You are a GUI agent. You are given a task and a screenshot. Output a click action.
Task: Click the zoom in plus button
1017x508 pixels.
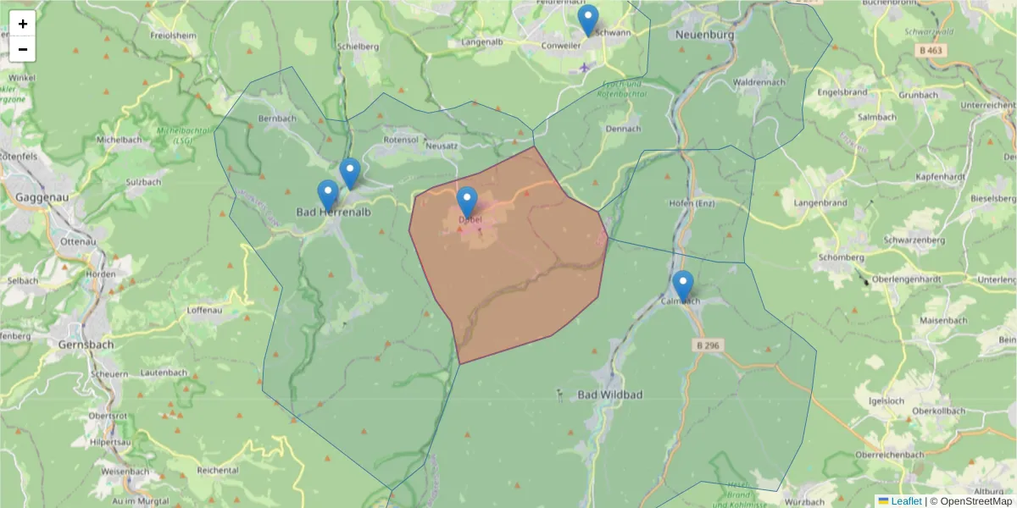tap(22, 24)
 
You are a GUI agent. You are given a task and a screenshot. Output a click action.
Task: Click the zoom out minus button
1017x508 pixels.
tap(22, 49)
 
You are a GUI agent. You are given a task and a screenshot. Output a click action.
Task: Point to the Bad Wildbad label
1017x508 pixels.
tap(610, 395)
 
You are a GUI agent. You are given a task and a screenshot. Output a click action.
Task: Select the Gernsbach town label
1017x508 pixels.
tap(86, 345)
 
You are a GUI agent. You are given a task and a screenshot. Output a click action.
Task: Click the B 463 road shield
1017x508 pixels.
tap(930, 51)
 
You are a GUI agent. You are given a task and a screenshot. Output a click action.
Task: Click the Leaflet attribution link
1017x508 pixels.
tap(905, 501)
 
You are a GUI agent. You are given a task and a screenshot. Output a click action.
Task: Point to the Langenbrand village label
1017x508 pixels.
tap(820, 203)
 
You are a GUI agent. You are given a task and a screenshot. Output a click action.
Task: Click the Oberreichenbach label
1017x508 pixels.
tap(889, 455)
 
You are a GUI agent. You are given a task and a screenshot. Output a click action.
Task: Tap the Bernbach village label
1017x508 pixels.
tap(277, 119)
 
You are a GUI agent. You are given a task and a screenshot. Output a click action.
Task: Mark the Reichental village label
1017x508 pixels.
tap(217, 469)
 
